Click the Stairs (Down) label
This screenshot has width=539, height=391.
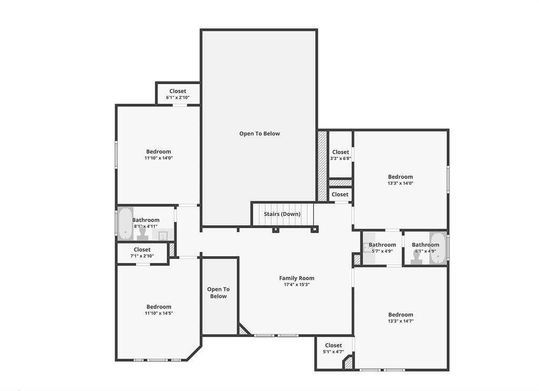[282, 214]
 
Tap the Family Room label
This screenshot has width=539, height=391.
[297, 278]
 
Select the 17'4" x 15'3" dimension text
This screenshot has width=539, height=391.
[297, 285]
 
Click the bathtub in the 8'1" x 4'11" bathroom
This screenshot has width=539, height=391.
[125, 223]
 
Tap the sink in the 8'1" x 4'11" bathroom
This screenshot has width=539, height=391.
[163, 235]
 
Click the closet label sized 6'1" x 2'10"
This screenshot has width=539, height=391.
[178, 91]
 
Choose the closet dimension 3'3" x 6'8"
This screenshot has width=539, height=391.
[341, 158]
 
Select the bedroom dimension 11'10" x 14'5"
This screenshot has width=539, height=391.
[159, 313]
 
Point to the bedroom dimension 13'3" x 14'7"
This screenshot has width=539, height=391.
[401, 321]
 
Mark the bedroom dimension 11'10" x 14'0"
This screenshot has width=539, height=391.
[159, 158]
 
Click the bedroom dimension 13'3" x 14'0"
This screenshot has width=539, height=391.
[401, 183]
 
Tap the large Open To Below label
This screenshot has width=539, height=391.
[259, 134]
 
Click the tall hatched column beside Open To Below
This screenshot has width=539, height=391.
[322, 166]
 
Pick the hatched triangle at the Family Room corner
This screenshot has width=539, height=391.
[243, 330]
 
